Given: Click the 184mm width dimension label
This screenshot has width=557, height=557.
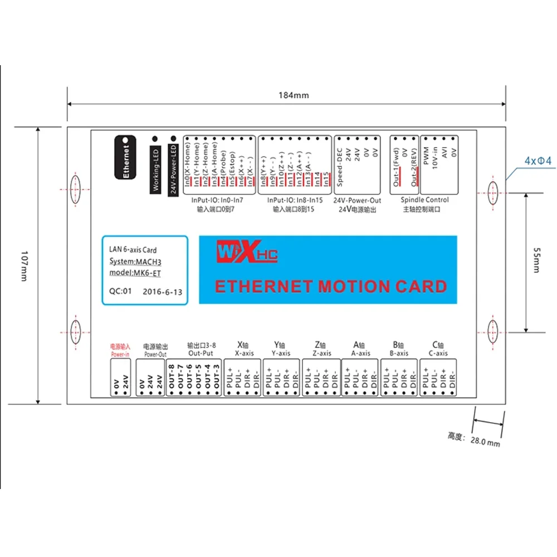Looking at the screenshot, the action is pos(293,95).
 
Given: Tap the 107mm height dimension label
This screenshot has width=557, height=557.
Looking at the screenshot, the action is pos(23,266).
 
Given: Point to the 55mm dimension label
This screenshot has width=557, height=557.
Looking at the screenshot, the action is pos(536,260).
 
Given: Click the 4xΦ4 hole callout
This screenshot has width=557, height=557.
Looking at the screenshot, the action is pos(538,162).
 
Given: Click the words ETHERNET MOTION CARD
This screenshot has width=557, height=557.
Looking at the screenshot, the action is pos(331,286).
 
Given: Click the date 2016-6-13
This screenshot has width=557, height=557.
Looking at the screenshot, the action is pos(162,291).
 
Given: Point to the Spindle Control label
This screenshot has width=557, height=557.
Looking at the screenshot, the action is pos(424,200).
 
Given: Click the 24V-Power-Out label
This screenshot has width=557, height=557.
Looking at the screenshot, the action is pos(357,200).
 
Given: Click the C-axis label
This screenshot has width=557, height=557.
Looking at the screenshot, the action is pos(439,353).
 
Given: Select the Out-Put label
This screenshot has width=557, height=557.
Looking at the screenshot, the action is pos(201,353).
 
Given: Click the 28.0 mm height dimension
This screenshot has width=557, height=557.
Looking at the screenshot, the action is pos(485,442).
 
